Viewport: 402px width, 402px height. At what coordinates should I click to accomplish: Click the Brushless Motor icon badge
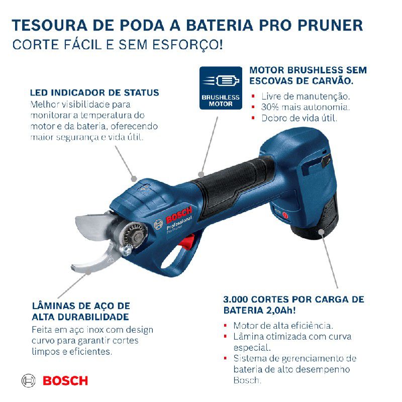(221, 87)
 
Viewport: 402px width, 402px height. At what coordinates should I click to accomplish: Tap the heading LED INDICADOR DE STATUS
(94, 93)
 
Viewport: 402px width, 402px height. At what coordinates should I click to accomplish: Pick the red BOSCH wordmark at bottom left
(65, 380)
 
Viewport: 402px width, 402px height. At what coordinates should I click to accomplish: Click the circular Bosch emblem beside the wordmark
(29, 380)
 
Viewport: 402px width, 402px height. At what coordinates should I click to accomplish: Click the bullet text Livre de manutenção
(305, 96)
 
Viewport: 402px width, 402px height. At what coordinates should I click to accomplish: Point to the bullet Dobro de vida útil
(299, 119)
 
